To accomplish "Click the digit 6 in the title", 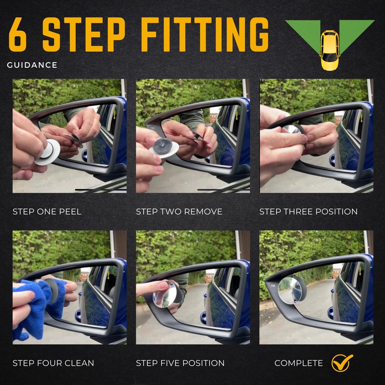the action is (18, 34).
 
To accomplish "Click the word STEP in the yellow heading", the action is (84, 34).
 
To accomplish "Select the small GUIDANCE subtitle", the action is (32, 65).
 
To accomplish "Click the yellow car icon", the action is (330, 50).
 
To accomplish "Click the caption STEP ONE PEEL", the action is (47, 212).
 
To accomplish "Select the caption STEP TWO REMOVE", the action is (179, 212).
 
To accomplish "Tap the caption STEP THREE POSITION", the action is (308, 212).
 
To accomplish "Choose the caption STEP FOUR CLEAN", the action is (53, 363).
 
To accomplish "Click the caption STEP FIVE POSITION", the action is (180, 363).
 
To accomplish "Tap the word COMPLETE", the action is (298, 363).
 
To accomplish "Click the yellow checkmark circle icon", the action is (341, 363).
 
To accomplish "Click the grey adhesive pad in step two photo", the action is (163, 146).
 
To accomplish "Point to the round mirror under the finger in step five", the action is (165, 295).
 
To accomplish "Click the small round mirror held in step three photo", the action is (292, 129).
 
